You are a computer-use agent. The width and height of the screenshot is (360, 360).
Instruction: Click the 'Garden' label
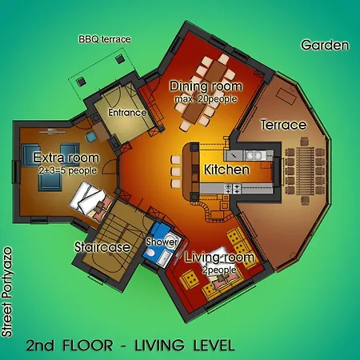pyautogui.click(x=325, y=45)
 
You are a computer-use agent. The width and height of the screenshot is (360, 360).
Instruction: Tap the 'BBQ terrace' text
pyautogui.click(x=105, y=38)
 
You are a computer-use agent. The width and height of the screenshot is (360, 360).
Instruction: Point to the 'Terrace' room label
pyautogui.click(x=283, y=126)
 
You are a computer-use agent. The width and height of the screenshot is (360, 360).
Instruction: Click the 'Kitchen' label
pyautogui.click(x=227, y=170)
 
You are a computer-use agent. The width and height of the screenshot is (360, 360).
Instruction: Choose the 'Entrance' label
pyautogui.click(x=127, y=113)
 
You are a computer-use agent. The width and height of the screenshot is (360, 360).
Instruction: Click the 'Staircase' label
pyautogui.click(x=102, y=247)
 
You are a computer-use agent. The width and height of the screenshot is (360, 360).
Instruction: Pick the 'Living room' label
pyautogui.click(x=219, y=258)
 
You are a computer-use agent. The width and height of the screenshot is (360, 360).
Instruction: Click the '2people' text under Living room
pyautogui.click(x=214, y=270)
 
